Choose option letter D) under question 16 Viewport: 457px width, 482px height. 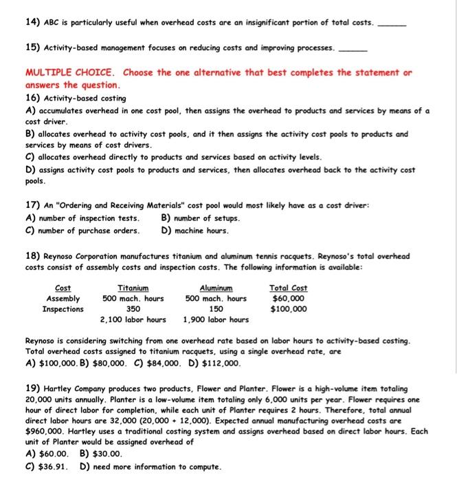[31, 169]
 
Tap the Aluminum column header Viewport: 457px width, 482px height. [216, 289]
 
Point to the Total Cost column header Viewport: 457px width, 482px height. [289, 289]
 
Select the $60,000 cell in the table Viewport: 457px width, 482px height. [289, 299]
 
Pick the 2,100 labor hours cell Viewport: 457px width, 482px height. [133, 319]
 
